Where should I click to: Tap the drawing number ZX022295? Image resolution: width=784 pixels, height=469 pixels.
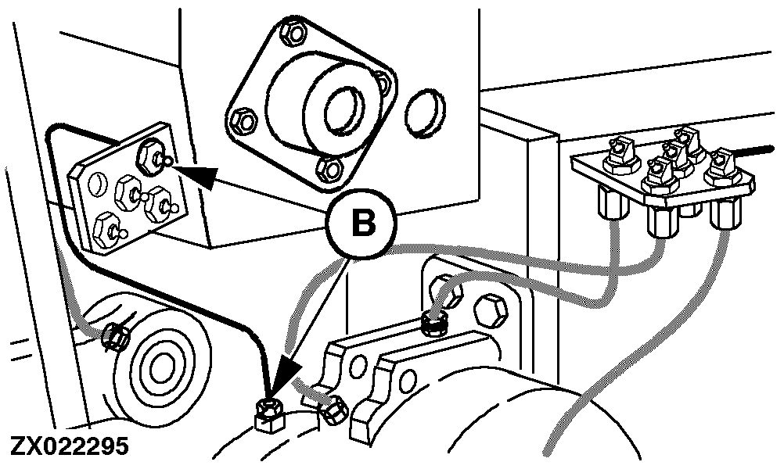(x=69, y=448)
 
